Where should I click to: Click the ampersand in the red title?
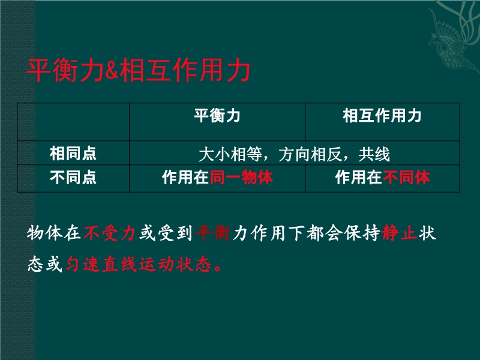pyautogui.click(x=112, y=70)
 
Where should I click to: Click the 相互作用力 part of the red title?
pyautogui.click(x=185, y=70)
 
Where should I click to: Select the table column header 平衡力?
pyautogui.click(x=217, y=116)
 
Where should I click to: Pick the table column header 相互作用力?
pyautogui.click(x=382, y=116)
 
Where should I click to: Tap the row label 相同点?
pyautogui.click(x=73, y=154)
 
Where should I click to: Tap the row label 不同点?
pyautogui.click(x=73, y=178)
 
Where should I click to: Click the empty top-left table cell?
pyautogui.click(x=73, y=122)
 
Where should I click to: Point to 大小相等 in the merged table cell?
pyautogui.click(x=230, y=154)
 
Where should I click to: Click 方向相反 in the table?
pyautogui.click(x=310, y=154)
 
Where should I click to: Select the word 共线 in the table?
pyautogui.click(x=374, y=154)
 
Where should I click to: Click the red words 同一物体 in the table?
pyautogui.click(x=241, y=178)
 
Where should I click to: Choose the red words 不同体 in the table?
pyautogui.click(x=406, y=178)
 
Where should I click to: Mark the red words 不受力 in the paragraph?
pyautogui.click(x=110, y=233)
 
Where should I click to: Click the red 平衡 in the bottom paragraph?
pyautogui.click(x=213, y=233)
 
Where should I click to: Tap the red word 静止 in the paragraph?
pyautogui.click(x=400, y=233)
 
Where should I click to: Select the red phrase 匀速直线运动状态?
pyautogui.click(x=139, y=264)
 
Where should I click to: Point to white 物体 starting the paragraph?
pyautogui.click(x=44, y=233)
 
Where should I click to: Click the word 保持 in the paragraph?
pyautogui.click(x=362, y=233)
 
